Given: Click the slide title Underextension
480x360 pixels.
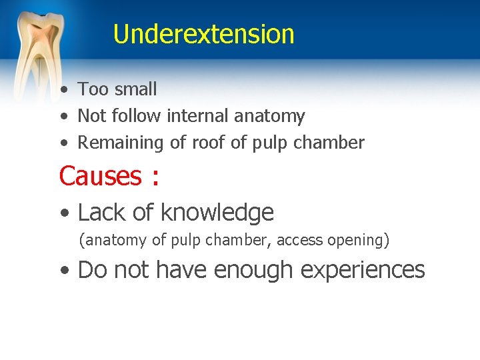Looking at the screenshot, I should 203,33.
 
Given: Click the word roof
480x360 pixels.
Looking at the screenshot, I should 205,143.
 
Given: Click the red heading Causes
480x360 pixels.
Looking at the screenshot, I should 100,176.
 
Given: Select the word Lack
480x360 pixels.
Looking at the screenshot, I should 99,213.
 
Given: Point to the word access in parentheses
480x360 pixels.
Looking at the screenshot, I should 301,240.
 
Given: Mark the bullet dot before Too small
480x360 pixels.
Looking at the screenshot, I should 62,90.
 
